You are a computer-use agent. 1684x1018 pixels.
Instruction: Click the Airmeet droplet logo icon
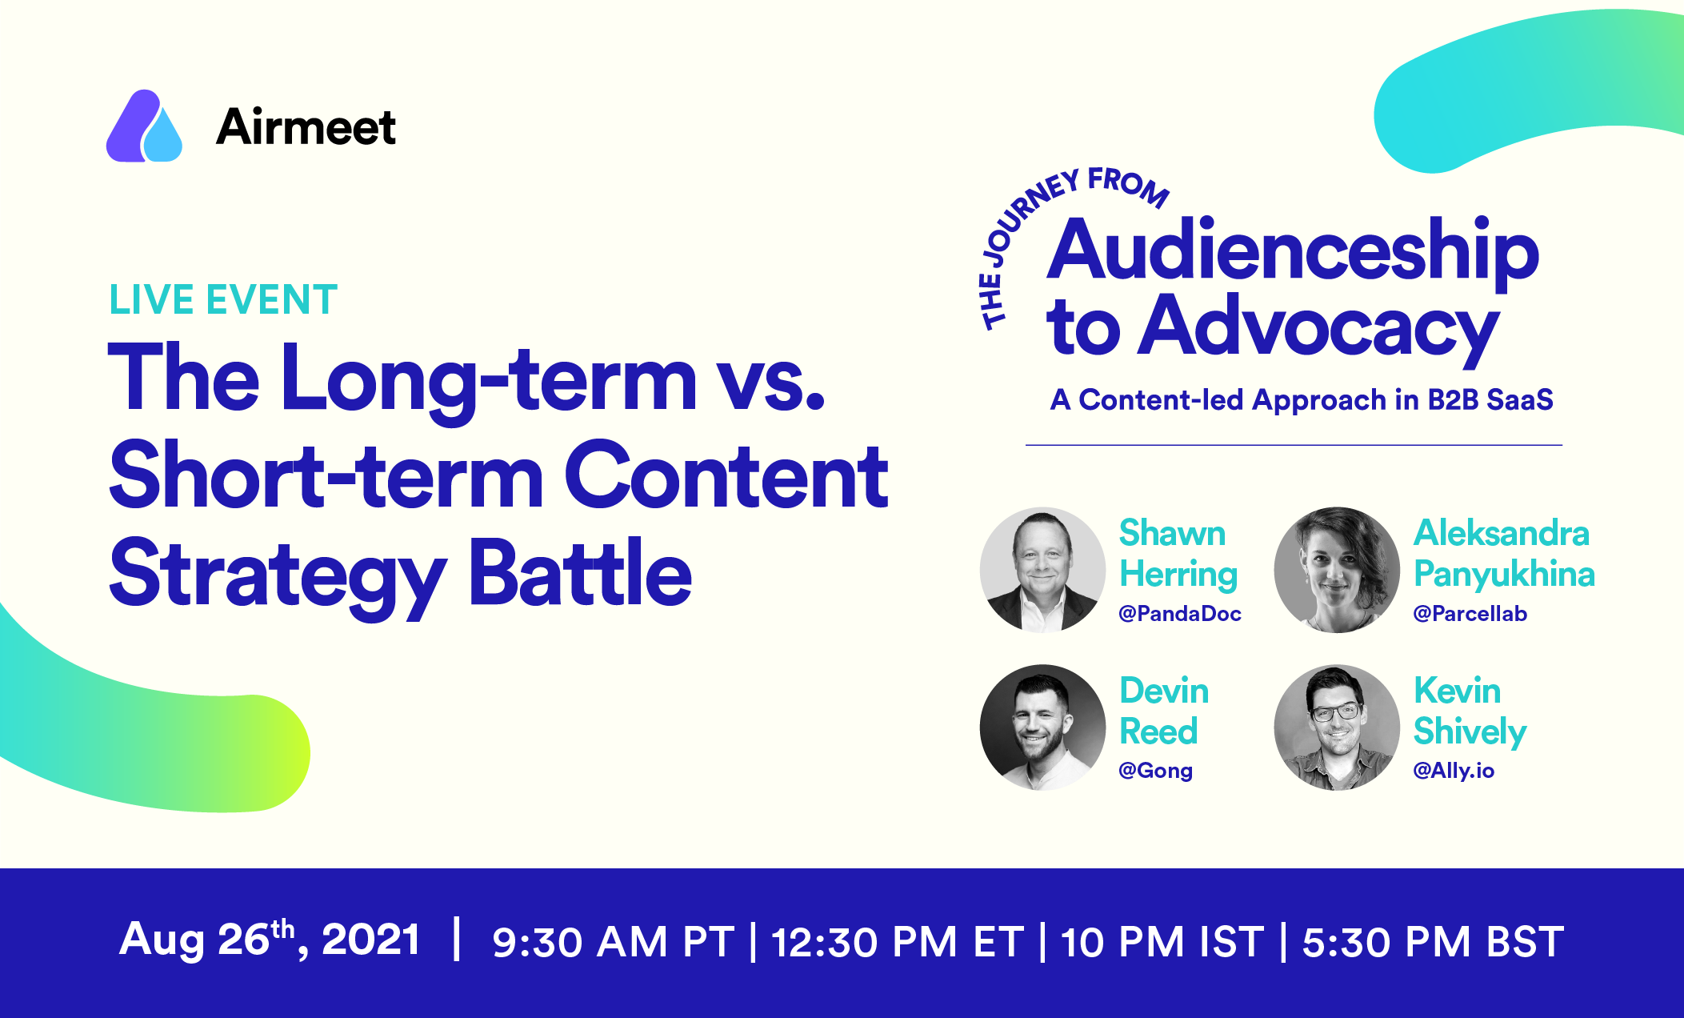[144, 126]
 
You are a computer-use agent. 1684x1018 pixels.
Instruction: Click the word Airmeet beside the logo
[306, 126]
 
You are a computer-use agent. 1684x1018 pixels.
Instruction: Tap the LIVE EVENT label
[223, 300]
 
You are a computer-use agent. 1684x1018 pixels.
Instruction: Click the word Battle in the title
[580, 573]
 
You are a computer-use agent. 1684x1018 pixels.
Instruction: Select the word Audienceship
[1293, 250]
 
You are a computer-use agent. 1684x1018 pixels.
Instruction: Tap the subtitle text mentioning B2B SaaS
[1302, 399]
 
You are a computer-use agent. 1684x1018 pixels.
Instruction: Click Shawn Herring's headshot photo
[1042, 570]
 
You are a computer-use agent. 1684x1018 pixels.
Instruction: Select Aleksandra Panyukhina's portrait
[1337, 570]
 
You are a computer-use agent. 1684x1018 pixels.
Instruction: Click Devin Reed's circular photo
[1042, 727]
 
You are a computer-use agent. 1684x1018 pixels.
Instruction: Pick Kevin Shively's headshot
[1337, 727]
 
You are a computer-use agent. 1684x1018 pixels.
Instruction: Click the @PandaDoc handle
[1180, 614]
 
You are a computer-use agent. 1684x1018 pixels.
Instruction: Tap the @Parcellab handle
[1470, 614]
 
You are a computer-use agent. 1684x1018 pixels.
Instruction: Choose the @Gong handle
[1155, 771]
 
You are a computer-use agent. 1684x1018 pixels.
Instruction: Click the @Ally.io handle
[1454, 771]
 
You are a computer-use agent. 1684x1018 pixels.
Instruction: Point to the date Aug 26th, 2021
[270, 939]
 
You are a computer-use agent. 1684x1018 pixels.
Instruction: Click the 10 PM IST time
[1162, 942]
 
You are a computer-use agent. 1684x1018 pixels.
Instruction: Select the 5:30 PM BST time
[1433, 942]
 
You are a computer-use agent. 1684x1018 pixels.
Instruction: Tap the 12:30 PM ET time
[897, 942]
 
